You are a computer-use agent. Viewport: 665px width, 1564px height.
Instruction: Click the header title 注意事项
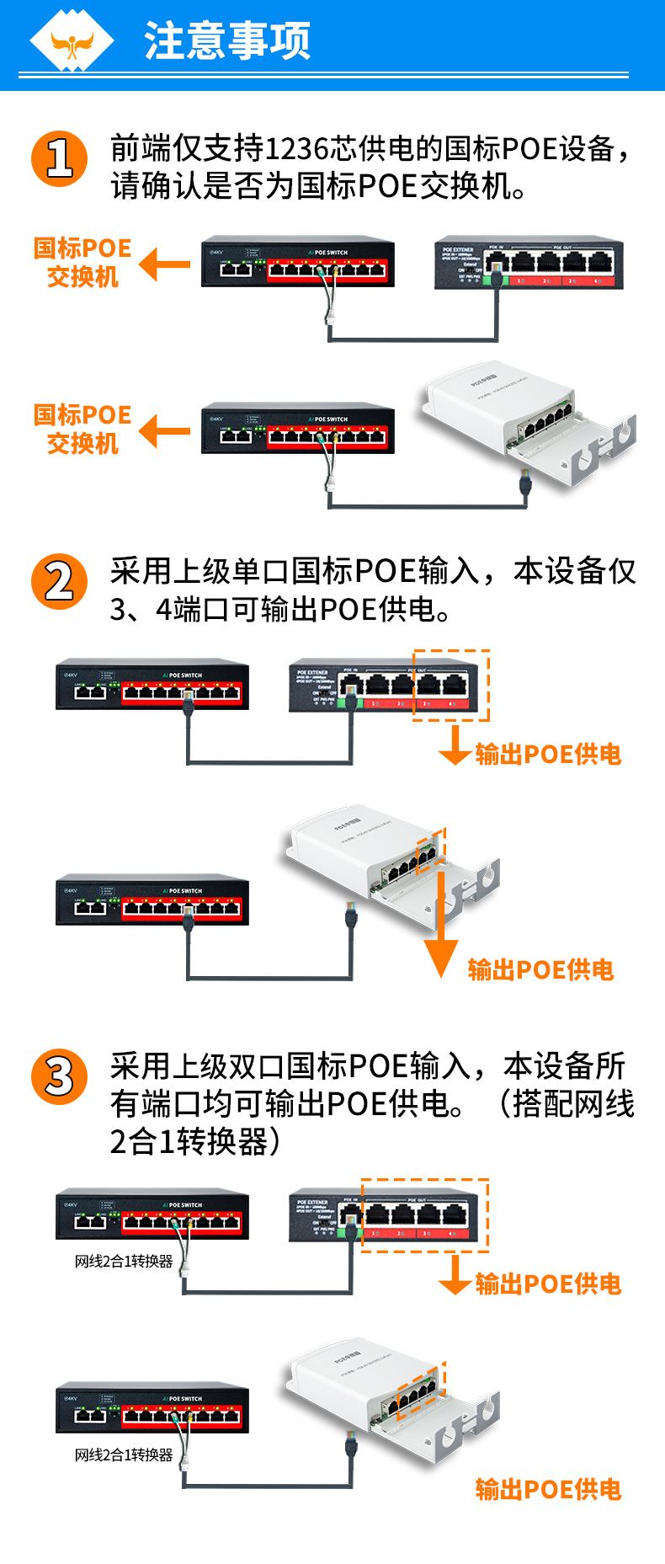[x=227, y=40]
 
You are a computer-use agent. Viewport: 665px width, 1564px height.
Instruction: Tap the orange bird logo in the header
[x=72, y=42]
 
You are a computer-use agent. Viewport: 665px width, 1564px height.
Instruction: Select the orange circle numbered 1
[x=59, y=158]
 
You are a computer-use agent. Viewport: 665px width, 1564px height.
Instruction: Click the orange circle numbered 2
[x=59, y=581]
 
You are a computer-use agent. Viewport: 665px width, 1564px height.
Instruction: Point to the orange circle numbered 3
[x=59, y=1076]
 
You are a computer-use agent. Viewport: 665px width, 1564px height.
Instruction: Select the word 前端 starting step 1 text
[x=141, y=149]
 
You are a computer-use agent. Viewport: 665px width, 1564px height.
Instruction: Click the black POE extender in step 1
[x=529, y=263]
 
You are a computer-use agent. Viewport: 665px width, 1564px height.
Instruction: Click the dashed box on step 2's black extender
[x=450, y=685]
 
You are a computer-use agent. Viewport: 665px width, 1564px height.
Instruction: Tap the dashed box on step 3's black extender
[x=424, y=1214]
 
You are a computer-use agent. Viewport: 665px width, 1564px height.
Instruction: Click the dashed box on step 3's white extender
[x=420, y=1390]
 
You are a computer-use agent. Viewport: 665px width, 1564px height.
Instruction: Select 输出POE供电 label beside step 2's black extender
[x=548, y=755]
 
